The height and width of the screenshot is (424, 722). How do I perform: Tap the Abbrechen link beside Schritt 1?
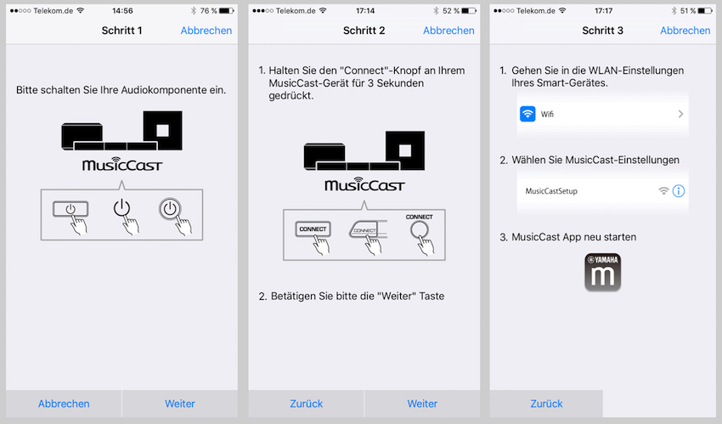click(x=206, y=31)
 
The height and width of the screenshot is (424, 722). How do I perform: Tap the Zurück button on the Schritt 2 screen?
click(x=306, y=404)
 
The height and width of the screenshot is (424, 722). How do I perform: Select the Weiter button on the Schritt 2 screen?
click(x=422, y=404)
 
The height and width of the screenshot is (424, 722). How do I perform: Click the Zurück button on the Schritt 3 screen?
click(x=546, y=404)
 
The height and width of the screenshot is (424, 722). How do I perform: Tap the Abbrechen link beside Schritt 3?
click(x=685, y=31)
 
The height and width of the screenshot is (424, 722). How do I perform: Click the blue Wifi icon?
click(x=527, y=114)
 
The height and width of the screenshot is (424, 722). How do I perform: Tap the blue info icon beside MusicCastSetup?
click(x=679, y=190)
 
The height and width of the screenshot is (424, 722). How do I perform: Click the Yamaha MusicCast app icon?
click(x=603, y=272)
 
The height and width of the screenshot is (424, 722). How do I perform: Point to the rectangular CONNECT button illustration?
click(x=313, y=229)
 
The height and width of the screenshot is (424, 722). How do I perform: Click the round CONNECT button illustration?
click(x=420, y=229)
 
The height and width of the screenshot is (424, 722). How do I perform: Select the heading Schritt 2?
click(x=364, y=31)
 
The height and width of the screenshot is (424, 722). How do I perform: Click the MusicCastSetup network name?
click(x=551, y=191)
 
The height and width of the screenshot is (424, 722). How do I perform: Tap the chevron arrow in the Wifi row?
click(x=680, y=114)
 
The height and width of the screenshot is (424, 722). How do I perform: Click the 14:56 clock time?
click(x=122, y=10)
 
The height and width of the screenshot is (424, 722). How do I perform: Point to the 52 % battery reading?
click(x=451, y=10)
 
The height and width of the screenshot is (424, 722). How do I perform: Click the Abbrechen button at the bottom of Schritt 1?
click(x=64, y=404)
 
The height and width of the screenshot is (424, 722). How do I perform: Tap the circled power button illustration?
click(x=170, y=208)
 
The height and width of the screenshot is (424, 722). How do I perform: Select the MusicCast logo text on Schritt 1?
click(x=122, y=164)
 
